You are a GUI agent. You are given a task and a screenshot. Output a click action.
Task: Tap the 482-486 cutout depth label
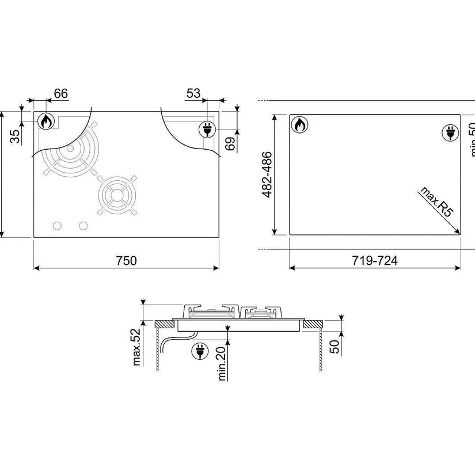267,175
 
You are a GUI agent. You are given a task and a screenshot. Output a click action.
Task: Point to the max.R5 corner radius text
436,202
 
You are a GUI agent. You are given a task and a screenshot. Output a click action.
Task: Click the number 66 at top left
61,94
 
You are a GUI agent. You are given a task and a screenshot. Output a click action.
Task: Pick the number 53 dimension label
193,94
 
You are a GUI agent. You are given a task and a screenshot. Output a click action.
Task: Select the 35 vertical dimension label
15,136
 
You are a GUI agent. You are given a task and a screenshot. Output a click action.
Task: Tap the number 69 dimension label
230,144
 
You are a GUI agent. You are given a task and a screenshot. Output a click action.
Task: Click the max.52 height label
136,347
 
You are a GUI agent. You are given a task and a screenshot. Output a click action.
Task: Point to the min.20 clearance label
222,363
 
